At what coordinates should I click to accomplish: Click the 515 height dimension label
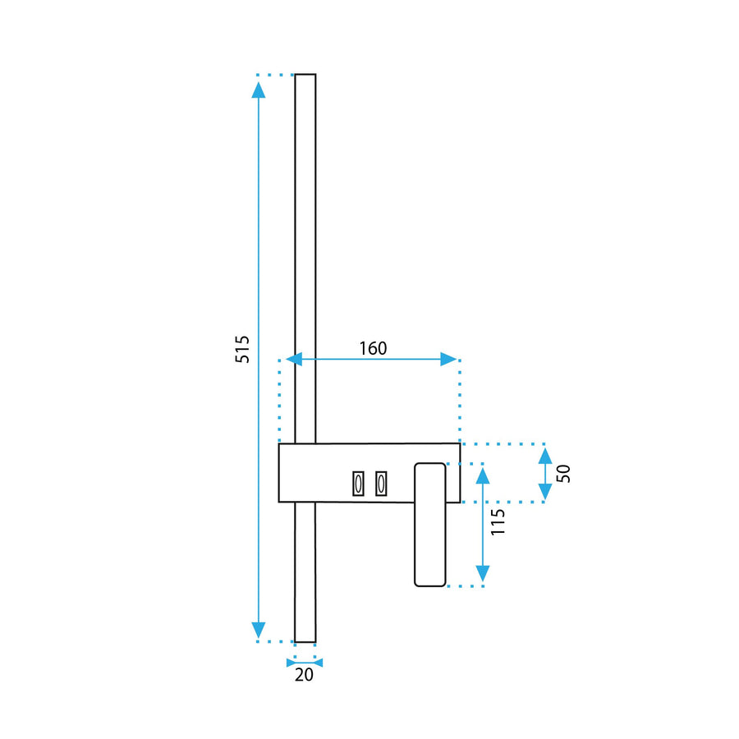click(x=241, y=351)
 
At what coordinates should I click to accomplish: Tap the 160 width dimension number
click(x=372, y=348)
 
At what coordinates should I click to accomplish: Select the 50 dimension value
click(x=563, y=473)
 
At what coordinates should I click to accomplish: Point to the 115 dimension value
click(x=498, y=522)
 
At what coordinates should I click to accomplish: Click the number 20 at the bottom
click(x=305, y=676)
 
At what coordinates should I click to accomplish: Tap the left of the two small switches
click(x=358, y=484)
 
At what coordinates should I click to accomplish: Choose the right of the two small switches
click(x=381, y=484)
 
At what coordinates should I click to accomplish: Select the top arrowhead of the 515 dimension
click(x=259, y=90)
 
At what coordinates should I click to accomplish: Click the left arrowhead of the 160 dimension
click(x=294, y=359)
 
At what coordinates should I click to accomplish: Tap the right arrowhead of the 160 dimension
click(x=448, y=359)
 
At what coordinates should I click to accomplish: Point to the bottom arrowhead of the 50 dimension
click(x=544, y=491)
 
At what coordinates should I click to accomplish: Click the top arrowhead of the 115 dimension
click(x=483, y=474)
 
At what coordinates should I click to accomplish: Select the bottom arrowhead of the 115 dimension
click(x=483, y=574)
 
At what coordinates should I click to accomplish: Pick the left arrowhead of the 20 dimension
click(x=291, y=662)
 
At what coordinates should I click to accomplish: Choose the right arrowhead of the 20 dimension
click(x=319, y=662)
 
